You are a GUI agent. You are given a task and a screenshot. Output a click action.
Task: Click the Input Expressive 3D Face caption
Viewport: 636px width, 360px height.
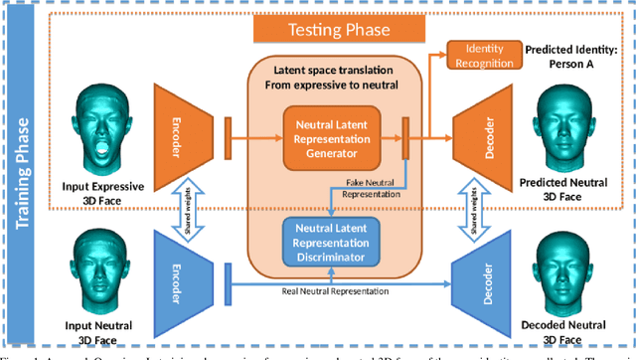coord(101,191)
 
